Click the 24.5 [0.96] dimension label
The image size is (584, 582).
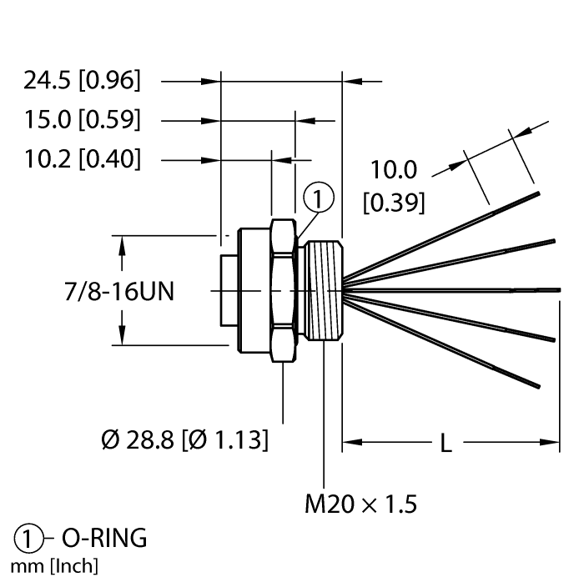click(x=83, y=80)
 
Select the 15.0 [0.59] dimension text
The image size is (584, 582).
click(x=83, y=120)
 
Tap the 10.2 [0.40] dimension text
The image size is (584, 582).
click(x=83, y=159)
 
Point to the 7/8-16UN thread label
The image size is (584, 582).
click(x=119, y=291)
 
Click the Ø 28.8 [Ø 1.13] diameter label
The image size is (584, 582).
click(x=184, y=440)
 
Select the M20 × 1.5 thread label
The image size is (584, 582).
click(x=361, y=504)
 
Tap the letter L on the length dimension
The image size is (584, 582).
click(x=446, y=444)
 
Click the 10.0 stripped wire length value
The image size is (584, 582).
click(x=394, y=170)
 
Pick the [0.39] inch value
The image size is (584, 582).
click(x=394, y=203)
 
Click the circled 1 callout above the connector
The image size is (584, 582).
click(x=319, y=198)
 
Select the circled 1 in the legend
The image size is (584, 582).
click(x=28, y=539)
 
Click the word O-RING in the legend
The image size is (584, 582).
click(x=104, y=538)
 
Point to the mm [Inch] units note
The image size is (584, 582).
click(x=54, y=566)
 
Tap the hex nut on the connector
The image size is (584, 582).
click(x=284, y=291)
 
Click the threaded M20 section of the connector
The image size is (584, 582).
click(x=324, y=291)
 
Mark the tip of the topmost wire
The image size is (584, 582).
click(x=538, y=193)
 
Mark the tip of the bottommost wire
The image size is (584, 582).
click(x=539, y=387)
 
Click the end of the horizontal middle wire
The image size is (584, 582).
click(x=560, y=290)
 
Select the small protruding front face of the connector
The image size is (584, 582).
click(x=229, y=291)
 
